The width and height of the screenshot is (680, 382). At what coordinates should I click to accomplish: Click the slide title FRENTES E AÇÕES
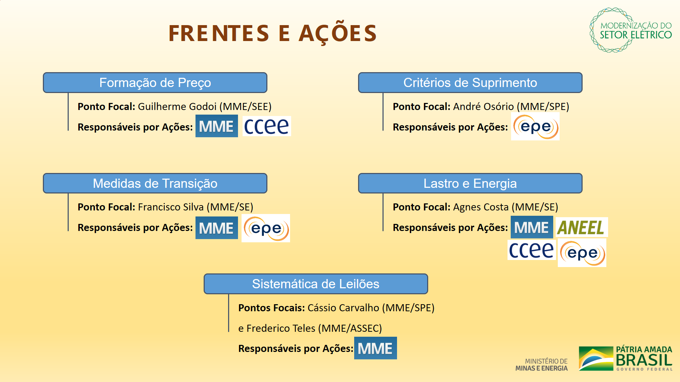click(x=272, y=33)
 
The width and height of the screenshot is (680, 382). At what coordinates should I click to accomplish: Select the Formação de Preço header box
click(x=155, y=83)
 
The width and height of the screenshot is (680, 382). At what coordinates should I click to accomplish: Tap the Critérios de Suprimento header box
click(x=470, y=83)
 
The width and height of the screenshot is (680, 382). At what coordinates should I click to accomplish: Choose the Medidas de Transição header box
click(x=155, y=183)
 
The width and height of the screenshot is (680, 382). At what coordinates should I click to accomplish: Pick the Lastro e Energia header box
click(x=470, y=183)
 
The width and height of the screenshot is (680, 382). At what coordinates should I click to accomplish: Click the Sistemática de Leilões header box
click(x=316, y=284)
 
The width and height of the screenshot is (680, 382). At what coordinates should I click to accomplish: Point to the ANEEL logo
click(x=582, y=227)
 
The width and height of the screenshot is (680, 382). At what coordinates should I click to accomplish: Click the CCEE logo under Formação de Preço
click(x=267, y=126)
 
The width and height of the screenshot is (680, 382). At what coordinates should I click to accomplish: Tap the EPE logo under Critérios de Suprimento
click(x=535, y=126)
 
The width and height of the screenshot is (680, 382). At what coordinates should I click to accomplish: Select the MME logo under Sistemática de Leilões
click(x=375, y=348)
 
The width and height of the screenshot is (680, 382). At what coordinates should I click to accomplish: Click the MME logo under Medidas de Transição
click(x=217, y=228)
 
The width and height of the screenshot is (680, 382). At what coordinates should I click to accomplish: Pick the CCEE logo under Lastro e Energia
click(x=531, y=250)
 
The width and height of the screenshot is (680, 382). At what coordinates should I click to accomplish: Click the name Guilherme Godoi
click(x=177, y=106)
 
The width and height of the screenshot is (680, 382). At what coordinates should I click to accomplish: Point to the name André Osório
click(x=483, y=106)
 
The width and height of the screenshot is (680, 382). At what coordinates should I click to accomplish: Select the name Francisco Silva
click(x=171, y=207)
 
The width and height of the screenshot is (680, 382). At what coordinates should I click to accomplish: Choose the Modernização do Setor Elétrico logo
click(x=631, y=30)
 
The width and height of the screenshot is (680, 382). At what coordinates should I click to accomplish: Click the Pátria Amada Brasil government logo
click(x=625, y=359)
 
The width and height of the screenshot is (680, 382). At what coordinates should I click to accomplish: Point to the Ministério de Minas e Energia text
click(x=542, y=365)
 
